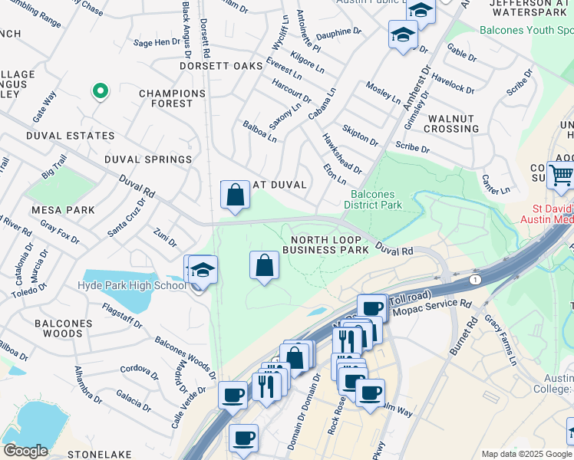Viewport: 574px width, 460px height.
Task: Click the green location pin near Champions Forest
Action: coord(100,91)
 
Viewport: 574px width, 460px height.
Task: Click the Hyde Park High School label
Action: coord(132,286)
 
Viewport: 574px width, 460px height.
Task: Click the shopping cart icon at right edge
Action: coord(560,175)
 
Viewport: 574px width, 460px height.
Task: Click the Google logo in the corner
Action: coord(25,451)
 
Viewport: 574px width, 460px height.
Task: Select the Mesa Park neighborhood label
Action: coord(63,209)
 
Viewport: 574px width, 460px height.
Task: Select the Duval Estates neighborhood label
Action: coord(70,136)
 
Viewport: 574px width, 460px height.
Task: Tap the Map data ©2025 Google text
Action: coord(526,454)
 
